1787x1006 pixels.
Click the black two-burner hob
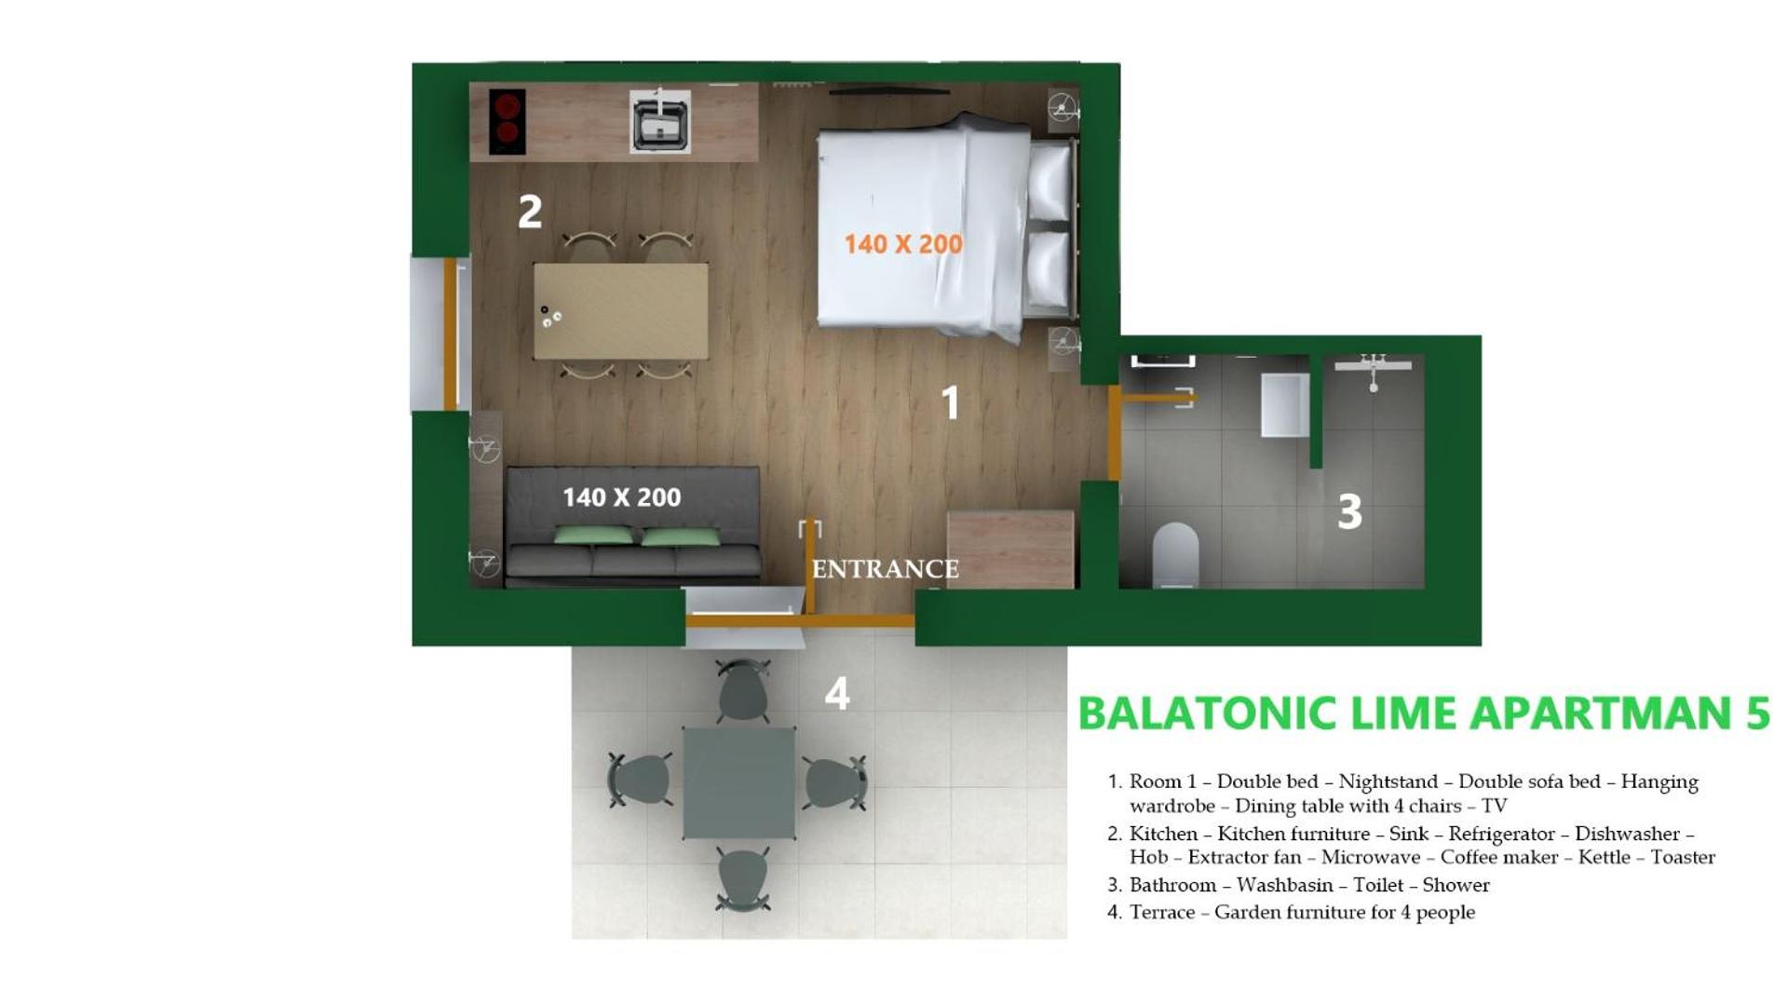point(508,121)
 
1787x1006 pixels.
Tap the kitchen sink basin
point(659,121)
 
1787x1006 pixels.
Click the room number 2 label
point(530,211)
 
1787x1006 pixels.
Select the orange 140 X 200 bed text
point(902,244)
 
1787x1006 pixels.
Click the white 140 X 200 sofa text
point(621,497)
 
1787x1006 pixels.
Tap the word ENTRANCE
point(885,568)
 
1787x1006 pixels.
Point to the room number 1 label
point(950,402)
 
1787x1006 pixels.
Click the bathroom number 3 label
point(1349,511)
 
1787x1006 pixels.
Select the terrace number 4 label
point(837,693)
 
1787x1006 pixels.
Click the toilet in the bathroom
point(1175,555)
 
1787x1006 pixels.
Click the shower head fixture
point(1373,371)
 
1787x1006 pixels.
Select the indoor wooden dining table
point(621,311)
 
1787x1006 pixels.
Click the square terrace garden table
point(739,783)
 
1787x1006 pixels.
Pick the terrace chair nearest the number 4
point(742,691)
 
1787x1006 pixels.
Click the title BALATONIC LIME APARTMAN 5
point(1424,713)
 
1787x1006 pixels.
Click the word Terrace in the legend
point(1162,912)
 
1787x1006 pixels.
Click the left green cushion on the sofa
point(594,535)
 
